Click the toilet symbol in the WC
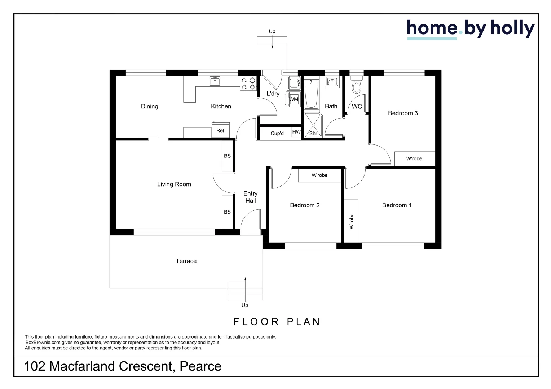[357, 84]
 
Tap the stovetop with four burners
[248, 84]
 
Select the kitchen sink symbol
[215, 81]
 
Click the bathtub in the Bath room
[312, 94]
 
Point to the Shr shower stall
[313, 125]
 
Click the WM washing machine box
[293, 99]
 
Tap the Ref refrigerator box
[220, 130]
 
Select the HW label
[296, 132]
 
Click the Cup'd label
[277, 133]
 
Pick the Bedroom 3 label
[403, 113]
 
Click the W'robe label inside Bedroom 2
[319, 175]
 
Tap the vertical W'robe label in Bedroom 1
[351, 221]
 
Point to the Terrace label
[186, 261]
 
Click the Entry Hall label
[250, 197]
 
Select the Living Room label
[174, 184]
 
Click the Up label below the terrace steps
[244, 305]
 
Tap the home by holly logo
[471, 30]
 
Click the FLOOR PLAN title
[277, 322]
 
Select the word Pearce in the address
[200, 366]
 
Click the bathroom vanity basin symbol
[332, 82]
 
